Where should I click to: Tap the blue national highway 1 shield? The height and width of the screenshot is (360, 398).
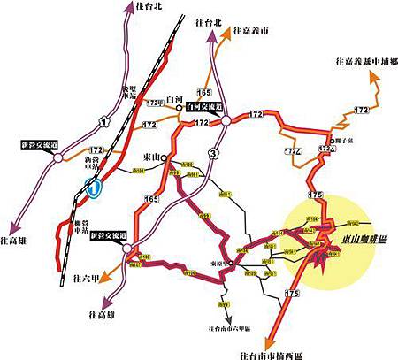coord(92,187)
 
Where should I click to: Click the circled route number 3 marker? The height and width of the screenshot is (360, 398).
coord(213,155)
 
